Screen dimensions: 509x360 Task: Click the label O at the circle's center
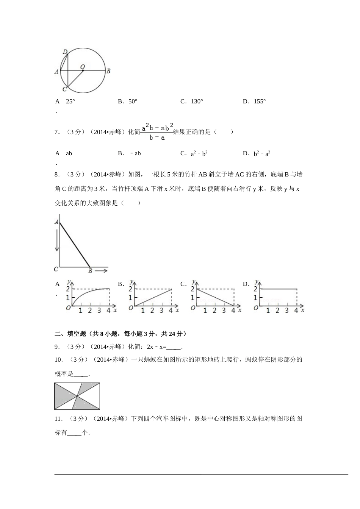click(x=82, y=67)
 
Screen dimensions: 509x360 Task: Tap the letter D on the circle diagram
click(x=65, y=52)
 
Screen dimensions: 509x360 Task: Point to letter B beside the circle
click(x=108, y=71)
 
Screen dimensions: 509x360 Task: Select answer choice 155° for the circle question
click(x=259, y=101)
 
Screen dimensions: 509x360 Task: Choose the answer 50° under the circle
click(x=132, y=101)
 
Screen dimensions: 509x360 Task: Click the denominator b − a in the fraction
click(x=157, y=138)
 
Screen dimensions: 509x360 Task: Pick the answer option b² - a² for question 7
click(x=262, y=153)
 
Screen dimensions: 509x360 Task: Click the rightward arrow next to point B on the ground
click(x=101, y=270)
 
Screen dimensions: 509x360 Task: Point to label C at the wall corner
click(x=56, y=269)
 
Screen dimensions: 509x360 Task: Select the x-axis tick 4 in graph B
click(x=171, y=311)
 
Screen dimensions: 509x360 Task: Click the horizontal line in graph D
click(x=279, y=289)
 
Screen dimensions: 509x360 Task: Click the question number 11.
click(x=58, y=419)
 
